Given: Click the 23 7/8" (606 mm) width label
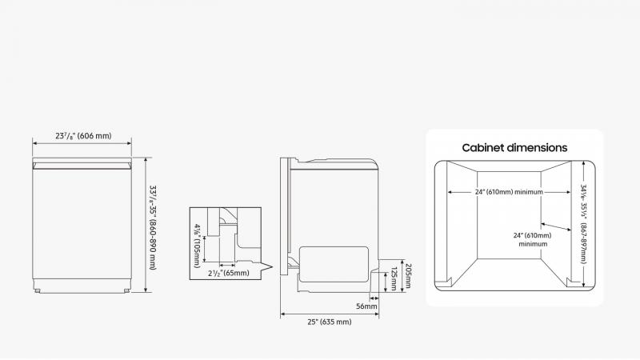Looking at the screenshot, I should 83,137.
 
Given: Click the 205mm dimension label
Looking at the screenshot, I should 407,277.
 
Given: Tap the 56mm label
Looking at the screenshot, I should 366,306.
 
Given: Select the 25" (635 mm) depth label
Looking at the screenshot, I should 330,322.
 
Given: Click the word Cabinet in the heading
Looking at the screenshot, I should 486,148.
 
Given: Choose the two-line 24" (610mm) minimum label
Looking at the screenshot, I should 532,239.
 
